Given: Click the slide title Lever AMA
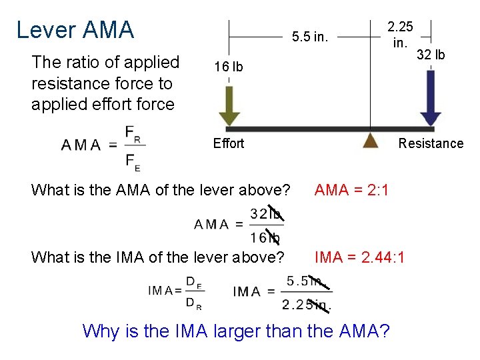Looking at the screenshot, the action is pyautogui.click(x=75, y=30).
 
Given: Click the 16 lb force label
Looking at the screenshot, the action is pyautogui.click(x=228, y=67).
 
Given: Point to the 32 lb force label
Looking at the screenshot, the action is pyautogui.click(x=431, y=55).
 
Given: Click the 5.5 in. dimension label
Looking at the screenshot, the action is pyautogui.click(x=310, y=37).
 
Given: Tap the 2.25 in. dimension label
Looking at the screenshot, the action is pyautogui.click(x=400, y=35).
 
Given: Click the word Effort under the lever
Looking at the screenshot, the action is pyautogui.click(x=229, y=143).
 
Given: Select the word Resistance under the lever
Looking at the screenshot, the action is pyautogui.click(x=431, y=143).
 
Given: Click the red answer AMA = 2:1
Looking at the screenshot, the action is pyautogui.click(x=351, y=191).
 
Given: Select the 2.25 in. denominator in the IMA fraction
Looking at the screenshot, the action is pyautogui.click(x=307, y=305).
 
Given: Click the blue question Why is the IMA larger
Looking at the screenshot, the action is pyautogui.click(x=236, y=331).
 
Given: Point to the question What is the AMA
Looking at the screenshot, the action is pyautogui.click(x=161, y=191).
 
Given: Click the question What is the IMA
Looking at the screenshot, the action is pyautogui.click(x=158, y=257).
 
